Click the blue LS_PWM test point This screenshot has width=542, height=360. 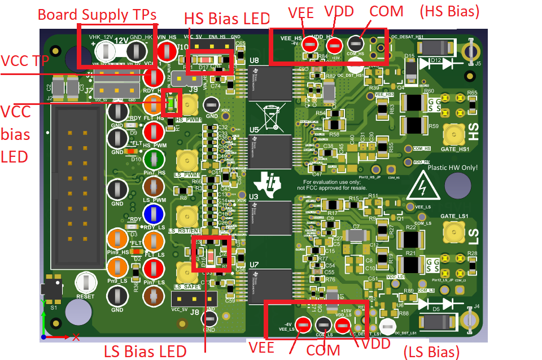click(153, 214)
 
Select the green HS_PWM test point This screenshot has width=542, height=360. click(153, 157)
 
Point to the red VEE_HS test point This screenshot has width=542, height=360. click(308, 43)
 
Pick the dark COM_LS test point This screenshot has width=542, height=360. click(323, 325)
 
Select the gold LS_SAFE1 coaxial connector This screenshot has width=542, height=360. click(186, 273)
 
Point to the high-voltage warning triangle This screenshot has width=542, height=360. click(422, 186)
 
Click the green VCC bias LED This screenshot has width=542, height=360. click(168, 103)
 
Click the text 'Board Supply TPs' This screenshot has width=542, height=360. click(97, 14)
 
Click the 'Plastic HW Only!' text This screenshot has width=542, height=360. click(453, 168)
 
